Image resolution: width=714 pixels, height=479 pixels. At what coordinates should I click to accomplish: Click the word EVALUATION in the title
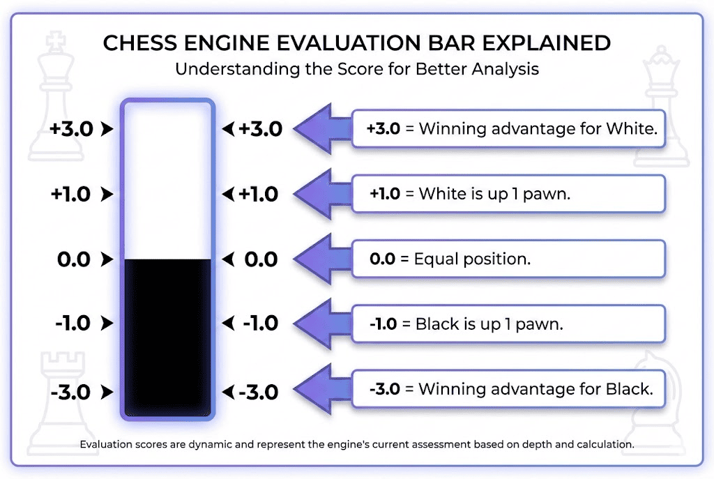pyautogui.click(x=344, y=43)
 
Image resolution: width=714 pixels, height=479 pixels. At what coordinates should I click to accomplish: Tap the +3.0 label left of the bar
pyautogui.click(x=70, y=129)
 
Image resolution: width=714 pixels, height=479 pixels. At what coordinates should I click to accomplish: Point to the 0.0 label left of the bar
pyautogui.click(x=74, y=259)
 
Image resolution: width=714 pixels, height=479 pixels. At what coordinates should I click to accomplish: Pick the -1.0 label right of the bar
pyautogui.click(x=260, y=324)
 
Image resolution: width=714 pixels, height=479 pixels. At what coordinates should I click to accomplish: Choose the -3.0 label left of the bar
pyautogui.click(x=71, y=392)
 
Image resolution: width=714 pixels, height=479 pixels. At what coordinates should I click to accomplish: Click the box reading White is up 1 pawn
pyautogui.click(x=508, y=194)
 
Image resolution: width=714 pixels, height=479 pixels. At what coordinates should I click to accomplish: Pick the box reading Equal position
pyautogui.click(x=508, y=259)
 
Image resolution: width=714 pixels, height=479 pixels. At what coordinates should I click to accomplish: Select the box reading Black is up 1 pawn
pyautogui.click(x=508, y=324)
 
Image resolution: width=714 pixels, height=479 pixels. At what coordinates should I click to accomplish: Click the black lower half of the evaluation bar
pyautogui.click(x=167, y=335)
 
